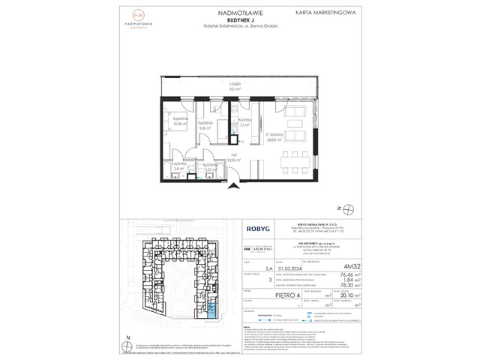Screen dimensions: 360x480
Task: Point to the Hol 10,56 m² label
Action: (x=211, y=159)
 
